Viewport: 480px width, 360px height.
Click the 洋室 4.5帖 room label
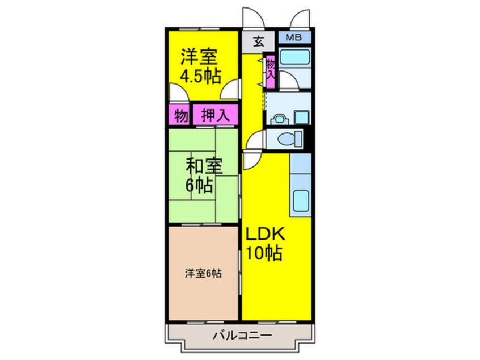click(x=201, y=66)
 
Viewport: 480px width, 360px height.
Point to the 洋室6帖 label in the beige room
click(x=203, y=273)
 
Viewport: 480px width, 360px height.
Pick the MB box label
click(x=294, y=38)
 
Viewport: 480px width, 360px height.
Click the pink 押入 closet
click(x=216, y=116)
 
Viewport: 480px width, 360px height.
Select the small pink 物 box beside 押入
click(x=180, y=116)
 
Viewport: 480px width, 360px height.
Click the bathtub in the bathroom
click(x=294, y=57)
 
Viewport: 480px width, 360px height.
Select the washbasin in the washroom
click(x=278, y=119)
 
